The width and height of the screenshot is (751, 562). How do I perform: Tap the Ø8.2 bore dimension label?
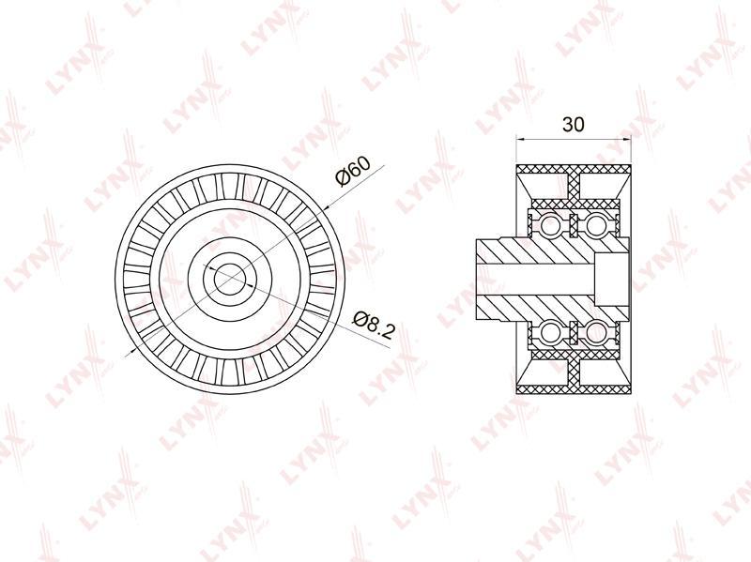(x=374, y=325)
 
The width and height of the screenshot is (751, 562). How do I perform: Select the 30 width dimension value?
(x=574, y=125)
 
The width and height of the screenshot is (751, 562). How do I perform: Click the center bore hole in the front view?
(x=229, y=279)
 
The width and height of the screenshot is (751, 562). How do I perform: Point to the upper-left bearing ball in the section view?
(x=549, y=224)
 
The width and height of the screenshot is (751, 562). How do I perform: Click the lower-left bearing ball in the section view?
(x=549, y=332)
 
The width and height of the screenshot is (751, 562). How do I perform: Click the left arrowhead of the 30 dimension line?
(x=521, y=139)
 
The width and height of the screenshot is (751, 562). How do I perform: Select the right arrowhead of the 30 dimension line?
(x=626, y=139)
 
